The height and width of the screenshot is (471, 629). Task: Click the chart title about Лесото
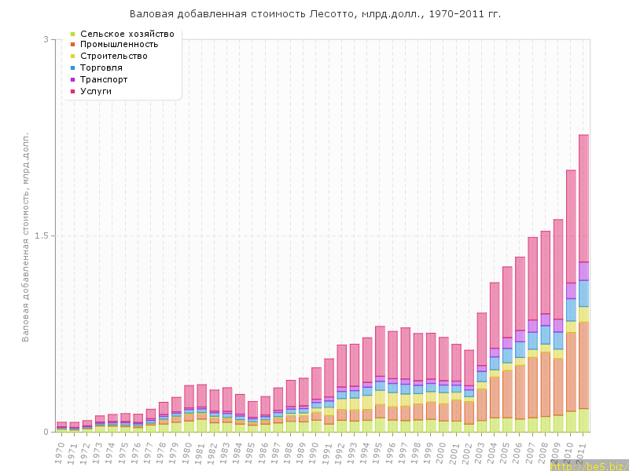314,14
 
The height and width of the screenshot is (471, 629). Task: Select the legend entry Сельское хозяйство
127,34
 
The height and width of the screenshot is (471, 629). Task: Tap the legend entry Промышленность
126,45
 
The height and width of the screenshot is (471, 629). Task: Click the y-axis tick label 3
46,39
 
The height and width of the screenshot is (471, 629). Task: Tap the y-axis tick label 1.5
43,235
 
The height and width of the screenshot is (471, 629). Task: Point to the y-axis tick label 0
46,432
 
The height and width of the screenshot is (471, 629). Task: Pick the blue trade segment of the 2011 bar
584,293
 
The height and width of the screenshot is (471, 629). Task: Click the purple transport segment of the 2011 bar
584,271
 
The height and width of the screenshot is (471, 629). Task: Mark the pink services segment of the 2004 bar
495,314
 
